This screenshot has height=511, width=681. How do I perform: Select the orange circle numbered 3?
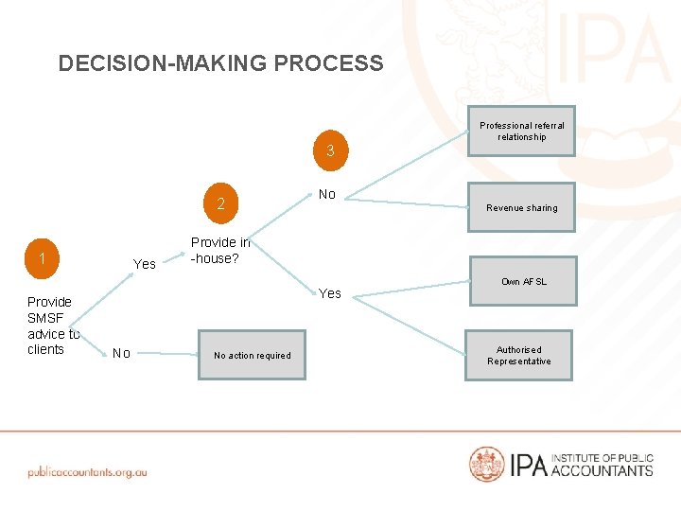click(330, 151)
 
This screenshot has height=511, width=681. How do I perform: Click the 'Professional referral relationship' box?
click(521, 131)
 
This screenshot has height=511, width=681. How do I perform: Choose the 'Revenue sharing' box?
click(521, 207)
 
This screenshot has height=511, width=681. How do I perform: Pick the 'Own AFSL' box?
click(523, 281)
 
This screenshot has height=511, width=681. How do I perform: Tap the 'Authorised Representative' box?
click(518, 355)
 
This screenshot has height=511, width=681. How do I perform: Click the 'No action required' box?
click(253, 355)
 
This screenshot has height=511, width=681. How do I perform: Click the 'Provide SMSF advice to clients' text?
click(52, 326)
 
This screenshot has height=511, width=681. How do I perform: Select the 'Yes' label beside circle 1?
click(145, 264)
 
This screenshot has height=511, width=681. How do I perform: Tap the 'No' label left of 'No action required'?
click(121, 353)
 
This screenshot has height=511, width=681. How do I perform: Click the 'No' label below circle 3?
click(327, 194)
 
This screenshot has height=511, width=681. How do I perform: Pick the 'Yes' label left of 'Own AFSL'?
click(330, 293)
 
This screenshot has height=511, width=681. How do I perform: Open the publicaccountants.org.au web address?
click(87, 470)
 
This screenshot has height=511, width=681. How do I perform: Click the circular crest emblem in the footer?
click(487, 464)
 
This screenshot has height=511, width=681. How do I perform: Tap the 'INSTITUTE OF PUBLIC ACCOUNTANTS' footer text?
click(602, 464)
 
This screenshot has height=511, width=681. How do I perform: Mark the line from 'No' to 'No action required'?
click(166, 354)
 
